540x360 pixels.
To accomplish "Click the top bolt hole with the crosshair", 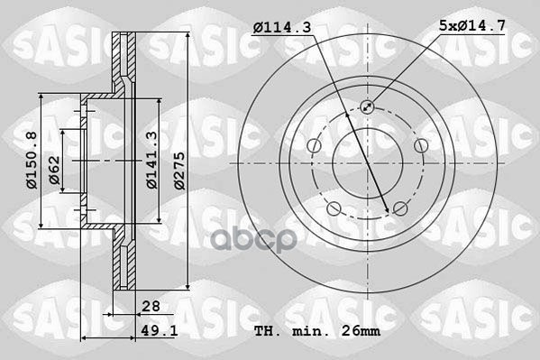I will [367, 106].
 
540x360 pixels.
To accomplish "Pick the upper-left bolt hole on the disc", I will [313, 146].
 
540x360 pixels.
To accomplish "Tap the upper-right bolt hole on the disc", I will [421, 146].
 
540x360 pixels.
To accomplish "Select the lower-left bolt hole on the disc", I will [334, 209].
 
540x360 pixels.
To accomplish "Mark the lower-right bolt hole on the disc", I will [400, 209].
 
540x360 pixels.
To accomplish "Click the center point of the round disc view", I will [367, 163].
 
